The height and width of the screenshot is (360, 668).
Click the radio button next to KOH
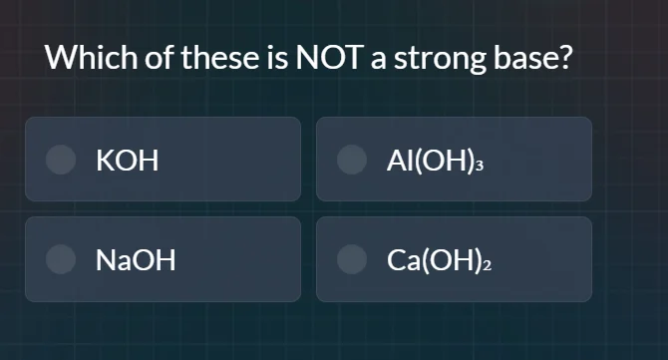[63, 160]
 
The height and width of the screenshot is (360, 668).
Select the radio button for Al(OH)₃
[353, 160]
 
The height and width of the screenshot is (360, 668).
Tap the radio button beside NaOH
[63, 259]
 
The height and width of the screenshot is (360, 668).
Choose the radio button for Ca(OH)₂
[353, 259]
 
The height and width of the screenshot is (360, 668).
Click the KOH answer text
[128, 160]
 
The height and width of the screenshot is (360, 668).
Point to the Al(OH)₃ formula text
[436, 160]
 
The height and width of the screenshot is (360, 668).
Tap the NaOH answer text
[136, 260]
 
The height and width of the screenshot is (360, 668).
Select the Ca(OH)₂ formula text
[441, 260]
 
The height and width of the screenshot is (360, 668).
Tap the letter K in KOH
[104, 160]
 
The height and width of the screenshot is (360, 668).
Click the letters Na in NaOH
[110, 260]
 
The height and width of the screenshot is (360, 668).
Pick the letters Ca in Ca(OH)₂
[401, 260]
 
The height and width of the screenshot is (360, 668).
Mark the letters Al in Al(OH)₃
[395, 160]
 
